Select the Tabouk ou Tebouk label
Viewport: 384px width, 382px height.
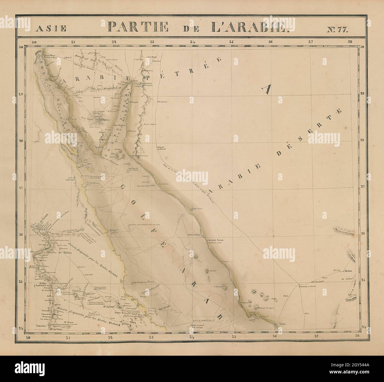click(160, 148)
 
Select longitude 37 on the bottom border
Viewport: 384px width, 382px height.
click(316, 336)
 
